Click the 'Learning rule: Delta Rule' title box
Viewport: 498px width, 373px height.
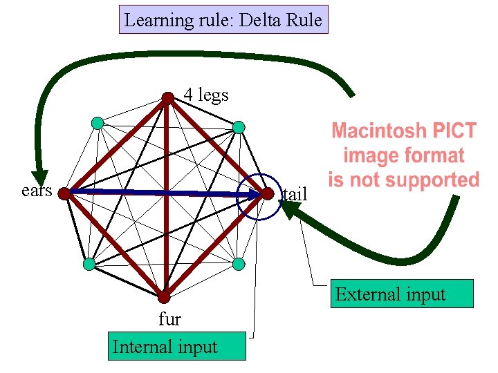[x=223, y=20]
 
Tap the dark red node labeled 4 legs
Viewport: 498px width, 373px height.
[x=167, y=98]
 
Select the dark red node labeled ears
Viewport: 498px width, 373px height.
[x=64, y=194]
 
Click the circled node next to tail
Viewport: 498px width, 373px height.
[x=268, y=195]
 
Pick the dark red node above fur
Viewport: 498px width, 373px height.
[x=163, y=297]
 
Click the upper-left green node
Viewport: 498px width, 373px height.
[x=98, y=124]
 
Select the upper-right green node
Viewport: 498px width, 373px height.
[x=238, y=127]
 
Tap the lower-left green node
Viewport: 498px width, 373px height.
[x=89, y=264]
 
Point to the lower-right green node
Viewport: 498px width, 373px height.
[x=239, y=263]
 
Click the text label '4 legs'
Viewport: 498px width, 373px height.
[x=205, y=95]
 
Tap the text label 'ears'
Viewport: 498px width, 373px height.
[x=36, y=190]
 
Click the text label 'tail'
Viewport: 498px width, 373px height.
[x=295, y=195]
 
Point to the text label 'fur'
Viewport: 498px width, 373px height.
[x=169, y=319]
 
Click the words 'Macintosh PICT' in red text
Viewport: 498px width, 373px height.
[x=404, y=131]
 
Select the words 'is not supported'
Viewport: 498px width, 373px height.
[x=404, y=180]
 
